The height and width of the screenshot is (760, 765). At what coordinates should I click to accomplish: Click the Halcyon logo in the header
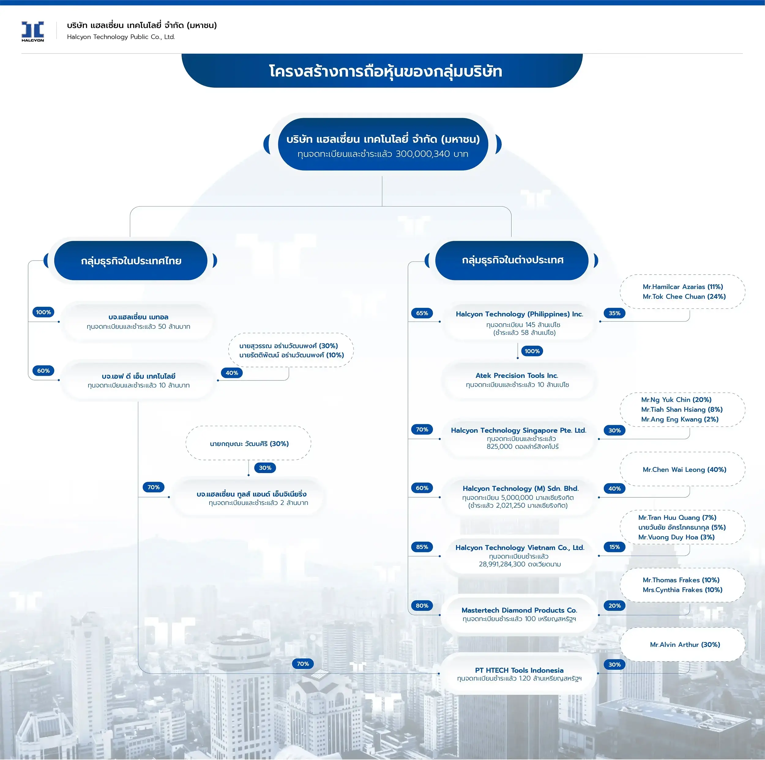point(32,31)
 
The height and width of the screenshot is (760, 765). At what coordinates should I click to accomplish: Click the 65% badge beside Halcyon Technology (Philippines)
point(422,313)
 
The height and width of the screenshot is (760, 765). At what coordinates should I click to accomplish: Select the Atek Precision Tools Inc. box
point(517,380)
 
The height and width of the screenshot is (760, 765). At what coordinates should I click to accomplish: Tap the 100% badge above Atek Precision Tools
point(532,351)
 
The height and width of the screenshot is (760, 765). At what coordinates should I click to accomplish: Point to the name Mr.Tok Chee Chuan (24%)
point(684,296)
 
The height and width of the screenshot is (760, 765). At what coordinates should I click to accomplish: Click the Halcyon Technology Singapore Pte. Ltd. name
point(518,430)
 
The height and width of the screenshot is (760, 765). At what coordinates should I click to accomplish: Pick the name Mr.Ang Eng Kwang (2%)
point(679,419)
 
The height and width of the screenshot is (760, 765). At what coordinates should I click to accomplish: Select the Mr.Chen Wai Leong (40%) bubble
point(684,469)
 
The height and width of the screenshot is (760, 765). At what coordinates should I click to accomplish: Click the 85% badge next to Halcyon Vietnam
point(422,547)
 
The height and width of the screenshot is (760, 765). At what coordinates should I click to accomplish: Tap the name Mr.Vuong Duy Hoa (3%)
point(676,537)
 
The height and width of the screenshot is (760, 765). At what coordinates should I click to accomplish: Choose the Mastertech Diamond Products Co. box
point(519,614)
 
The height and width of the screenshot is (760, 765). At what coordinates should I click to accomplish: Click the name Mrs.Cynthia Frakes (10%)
point(682,590)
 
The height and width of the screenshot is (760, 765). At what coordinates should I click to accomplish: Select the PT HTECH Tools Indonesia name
point(519,670)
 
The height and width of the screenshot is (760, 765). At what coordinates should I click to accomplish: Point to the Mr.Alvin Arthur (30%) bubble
point(685,644)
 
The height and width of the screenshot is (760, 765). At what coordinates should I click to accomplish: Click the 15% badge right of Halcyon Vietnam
point(614,547)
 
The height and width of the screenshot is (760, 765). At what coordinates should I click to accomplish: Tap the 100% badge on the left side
point(43,312)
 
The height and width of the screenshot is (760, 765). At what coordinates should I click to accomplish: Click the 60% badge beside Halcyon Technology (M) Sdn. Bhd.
point(422,488)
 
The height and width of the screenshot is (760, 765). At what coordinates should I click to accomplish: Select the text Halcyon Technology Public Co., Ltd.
point(121,37)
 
